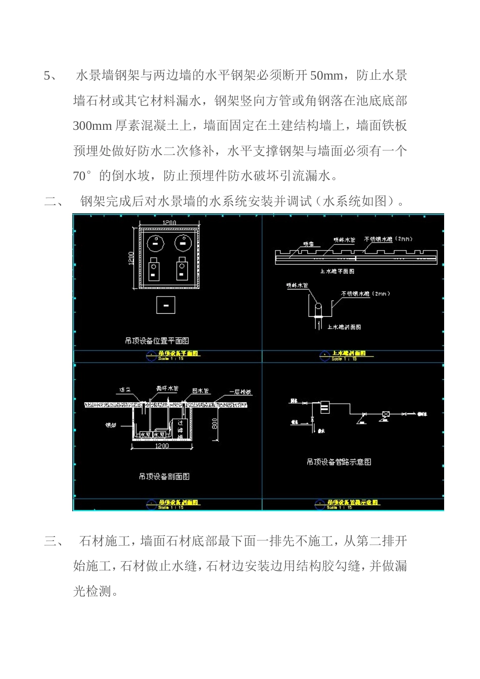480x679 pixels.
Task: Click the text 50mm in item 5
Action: coord(326,76)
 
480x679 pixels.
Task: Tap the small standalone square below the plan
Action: coord(166,305)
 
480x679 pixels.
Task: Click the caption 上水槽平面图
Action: coord(337,271)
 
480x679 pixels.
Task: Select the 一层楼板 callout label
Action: coord(241,392)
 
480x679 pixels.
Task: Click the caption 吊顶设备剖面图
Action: coord(164,476)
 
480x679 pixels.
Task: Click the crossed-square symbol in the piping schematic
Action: coord(386,414)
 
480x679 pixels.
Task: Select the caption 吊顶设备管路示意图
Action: coord(339,461)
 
